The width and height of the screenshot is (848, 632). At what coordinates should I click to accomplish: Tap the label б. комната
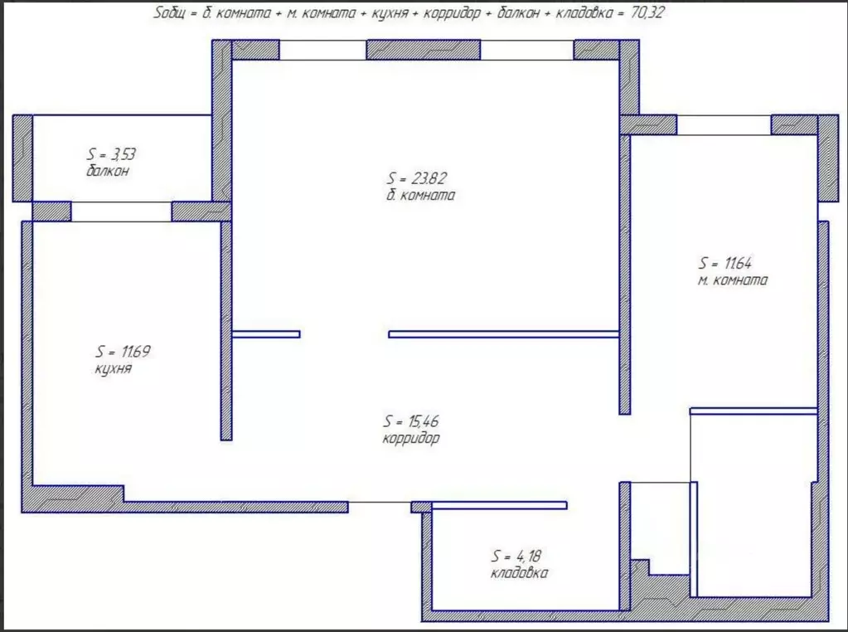[x=421, y=196]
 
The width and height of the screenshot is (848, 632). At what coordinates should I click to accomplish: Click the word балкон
[x=108, y=172]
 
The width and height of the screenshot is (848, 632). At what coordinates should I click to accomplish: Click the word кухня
[x=113, y=369]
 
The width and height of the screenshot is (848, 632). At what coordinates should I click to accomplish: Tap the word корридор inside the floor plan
[x=411, y=438]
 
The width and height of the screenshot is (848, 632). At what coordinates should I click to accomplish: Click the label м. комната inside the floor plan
[x=733, y=280]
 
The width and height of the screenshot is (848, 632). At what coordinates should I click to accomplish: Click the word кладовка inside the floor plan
[x=519, y=573]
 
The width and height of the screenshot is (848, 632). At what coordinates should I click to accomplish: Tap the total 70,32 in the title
[x=647, y=13]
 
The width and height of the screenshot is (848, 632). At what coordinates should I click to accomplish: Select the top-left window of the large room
[x=322, y=50]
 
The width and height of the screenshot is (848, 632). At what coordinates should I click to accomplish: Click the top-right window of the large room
[x=526, y=50]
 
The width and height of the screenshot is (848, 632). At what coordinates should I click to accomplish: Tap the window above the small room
[x=724, y=125]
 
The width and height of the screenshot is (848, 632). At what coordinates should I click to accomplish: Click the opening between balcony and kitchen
[x=121, y=211]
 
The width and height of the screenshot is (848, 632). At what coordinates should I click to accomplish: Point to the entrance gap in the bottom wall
[x=380, y=507]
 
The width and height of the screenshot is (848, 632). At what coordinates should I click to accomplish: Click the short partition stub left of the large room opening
[x=266, y=334]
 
